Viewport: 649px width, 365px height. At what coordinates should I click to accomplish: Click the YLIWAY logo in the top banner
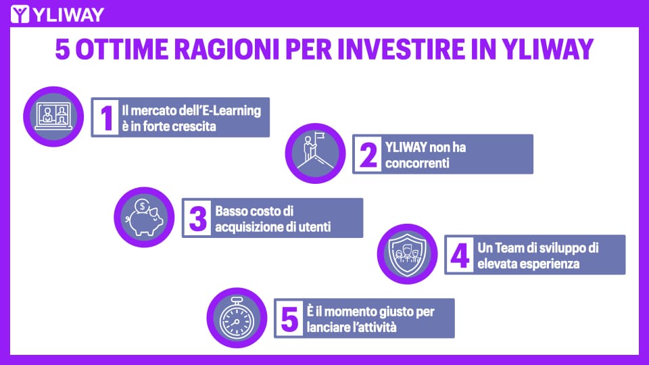57,14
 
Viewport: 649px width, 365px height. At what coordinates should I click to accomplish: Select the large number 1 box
106,118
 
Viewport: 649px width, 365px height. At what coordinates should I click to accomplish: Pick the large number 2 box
368,154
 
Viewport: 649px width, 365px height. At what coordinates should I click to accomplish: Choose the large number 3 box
197,218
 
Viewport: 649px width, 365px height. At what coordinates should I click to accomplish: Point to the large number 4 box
460,255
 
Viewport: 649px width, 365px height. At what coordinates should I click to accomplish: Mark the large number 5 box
289,318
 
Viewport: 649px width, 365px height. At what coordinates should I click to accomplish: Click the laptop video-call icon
53,117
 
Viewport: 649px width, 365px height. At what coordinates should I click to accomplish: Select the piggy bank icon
145,218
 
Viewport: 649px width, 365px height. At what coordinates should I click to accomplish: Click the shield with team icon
407,255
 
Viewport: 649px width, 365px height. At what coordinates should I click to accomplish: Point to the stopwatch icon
237,318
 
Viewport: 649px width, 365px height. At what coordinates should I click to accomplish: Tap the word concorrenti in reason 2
417,163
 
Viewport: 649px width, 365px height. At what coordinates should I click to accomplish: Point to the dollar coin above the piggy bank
142,205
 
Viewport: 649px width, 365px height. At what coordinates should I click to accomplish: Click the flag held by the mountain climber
320,135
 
